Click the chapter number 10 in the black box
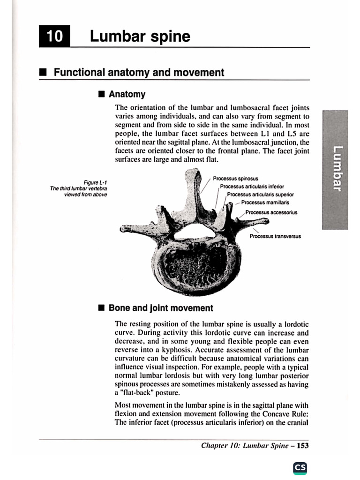[x=54, y=36]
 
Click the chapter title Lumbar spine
[x=140, y=36]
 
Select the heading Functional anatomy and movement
[x=139, y=73]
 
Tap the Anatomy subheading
[x=127, y=94]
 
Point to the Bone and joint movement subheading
[x=161, y=308]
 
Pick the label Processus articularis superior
[x=260, y=194]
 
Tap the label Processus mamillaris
[x=265, y=202]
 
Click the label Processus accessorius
[x=271, y=212]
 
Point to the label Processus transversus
[x=275, y=236]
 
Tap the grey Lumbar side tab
[x=335, y=169]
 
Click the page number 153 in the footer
[x=303, y=446]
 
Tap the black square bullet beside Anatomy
[x=101, y=94]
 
